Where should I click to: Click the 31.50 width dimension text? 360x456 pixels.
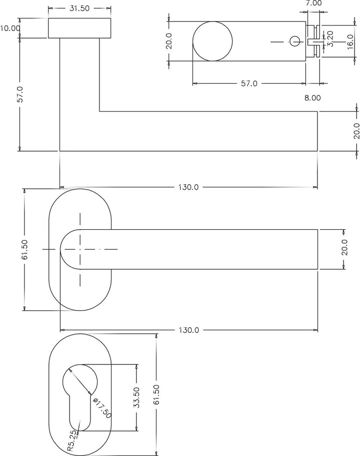(79, 9)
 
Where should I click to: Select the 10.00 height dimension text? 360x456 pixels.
(10, 29)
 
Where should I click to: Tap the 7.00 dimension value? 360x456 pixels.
(313, 3)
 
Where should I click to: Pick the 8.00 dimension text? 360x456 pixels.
(312, 98)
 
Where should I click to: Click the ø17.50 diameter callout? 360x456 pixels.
(102, 407)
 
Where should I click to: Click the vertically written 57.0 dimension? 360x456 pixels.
(20, 94)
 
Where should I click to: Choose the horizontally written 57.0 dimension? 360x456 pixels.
(248, 84)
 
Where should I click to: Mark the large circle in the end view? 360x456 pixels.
(212, 42)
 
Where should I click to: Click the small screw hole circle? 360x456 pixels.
(294, 41)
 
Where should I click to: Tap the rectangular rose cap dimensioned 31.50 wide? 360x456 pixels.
(79, 28)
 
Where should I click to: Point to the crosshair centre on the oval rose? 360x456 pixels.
(79, 249)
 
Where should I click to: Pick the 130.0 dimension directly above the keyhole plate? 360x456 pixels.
(189, 330)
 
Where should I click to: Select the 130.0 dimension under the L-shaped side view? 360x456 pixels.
(189, 187)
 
